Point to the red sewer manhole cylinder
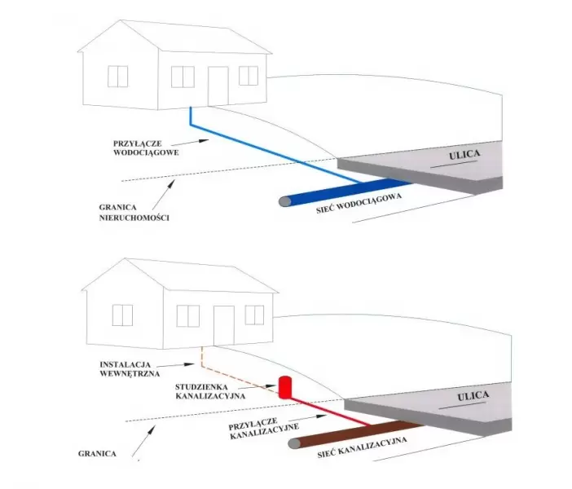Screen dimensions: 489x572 pos(285,385)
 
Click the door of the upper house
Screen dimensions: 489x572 pos(218,86)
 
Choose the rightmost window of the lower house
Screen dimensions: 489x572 pos(254,314)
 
